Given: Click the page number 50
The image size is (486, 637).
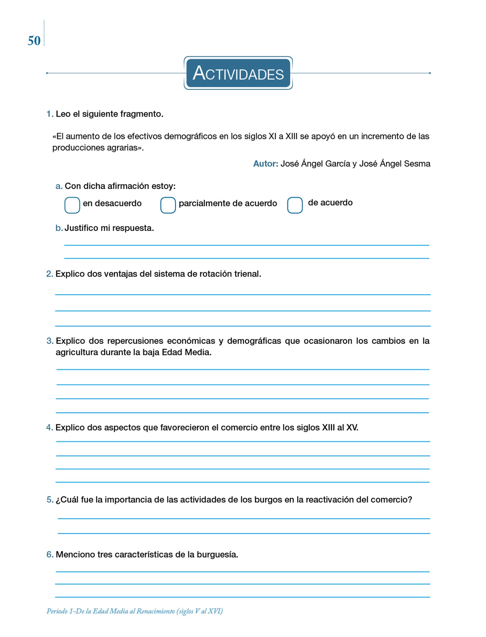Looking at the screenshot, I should tap(34, 41).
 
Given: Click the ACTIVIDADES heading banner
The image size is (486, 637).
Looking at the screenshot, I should tap(238, 73).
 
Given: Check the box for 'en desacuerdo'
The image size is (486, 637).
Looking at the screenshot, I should tap(72, 205).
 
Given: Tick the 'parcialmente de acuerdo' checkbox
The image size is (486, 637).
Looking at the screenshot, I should tap(168, 205).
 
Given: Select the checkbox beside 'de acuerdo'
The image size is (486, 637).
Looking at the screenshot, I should tap(295, 205).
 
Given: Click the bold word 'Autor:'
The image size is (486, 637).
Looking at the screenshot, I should tap(266, 164).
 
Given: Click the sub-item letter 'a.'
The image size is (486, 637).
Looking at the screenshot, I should tap(59, 186).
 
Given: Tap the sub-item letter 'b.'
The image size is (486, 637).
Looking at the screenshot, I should tap(59, 228).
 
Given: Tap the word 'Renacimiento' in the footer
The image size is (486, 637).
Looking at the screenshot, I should tap(156, 611).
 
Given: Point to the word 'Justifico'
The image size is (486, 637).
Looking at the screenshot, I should tap(81, 228).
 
